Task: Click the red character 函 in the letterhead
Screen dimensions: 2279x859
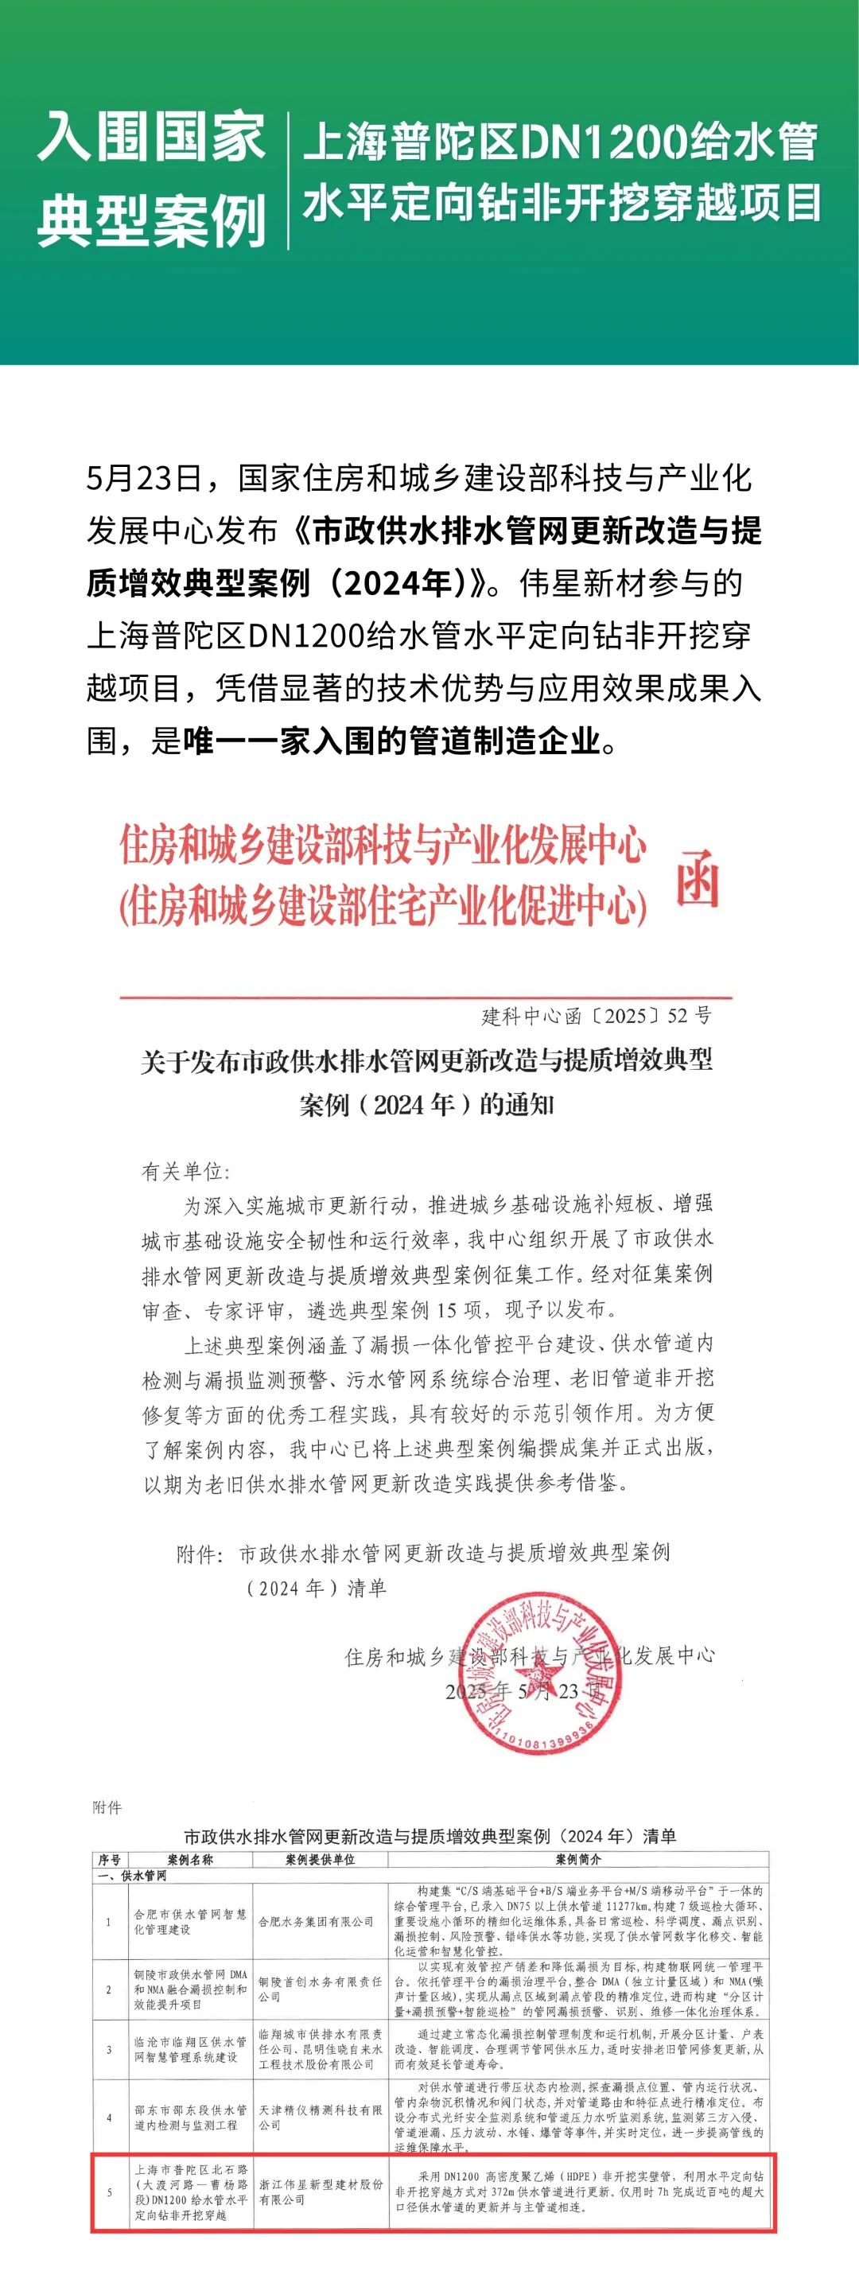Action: [697, 881]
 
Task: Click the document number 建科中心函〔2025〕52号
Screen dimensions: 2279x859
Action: [596, 1015]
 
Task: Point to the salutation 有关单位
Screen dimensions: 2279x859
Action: [185, 1172]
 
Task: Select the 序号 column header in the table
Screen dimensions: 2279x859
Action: [109, 1860]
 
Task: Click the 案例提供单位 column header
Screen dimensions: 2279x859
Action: [320, 1860]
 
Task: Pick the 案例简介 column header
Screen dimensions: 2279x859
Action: [578, 1860]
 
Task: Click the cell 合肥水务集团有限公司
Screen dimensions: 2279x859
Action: [316, 1922]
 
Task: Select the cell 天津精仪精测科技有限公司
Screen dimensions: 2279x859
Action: [320, 2118]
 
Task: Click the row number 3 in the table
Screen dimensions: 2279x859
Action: [109, 2050]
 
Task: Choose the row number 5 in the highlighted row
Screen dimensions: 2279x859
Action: [109, 2192]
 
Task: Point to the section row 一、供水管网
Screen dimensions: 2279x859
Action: [132, 1876]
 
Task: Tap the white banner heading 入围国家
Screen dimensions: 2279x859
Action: [151, 139]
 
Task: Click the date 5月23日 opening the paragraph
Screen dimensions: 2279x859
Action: [143, 479]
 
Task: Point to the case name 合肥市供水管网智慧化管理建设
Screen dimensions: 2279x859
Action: [190, 1922]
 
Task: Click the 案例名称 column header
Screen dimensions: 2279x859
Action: [190, 1860]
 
